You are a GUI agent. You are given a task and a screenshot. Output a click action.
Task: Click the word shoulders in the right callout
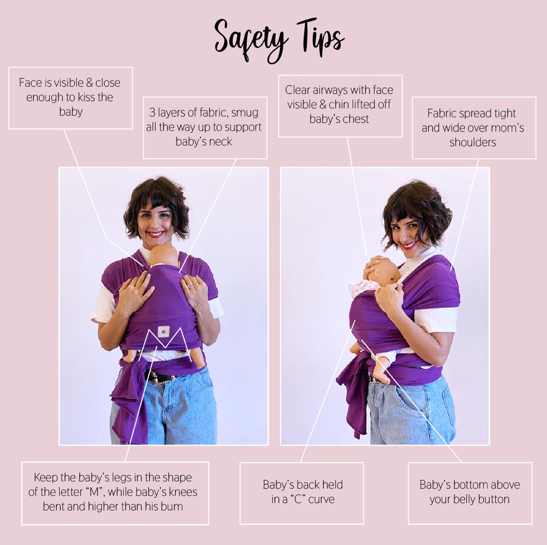tap(473, 142)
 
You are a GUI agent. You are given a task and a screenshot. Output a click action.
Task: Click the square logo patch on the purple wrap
tap(164, 331)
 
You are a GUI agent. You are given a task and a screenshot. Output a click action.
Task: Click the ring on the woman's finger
tap(191, 286)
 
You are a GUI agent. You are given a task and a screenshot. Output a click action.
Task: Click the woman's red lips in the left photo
tap(156, 234)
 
